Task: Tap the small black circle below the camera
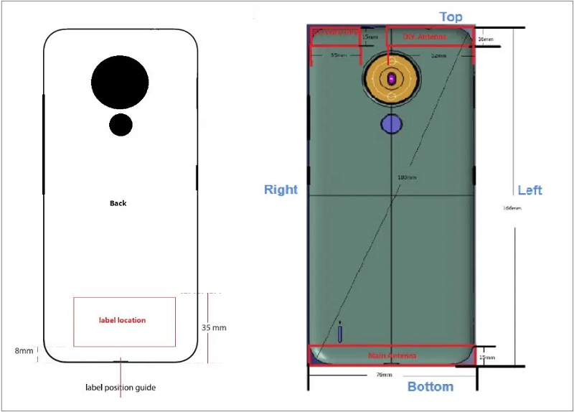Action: pos(121,125)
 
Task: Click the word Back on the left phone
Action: pos(118,203)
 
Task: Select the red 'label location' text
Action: pos(122,320)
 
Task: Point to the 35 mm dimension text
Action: pos(214,327)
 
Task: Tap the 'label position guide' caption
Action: pos(121,388)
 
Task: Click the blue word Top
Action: pos(451,17)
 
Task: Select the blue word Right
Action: pos(281,189)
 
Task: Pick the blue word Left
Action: pos(530,190)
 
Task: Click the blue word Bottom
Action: pos(430,387)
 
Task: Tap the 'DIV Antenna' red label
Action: pos(424,37)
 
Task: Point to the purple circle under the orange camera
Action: pos(391,124)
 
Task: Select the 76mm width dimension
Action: pos(385,375)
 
